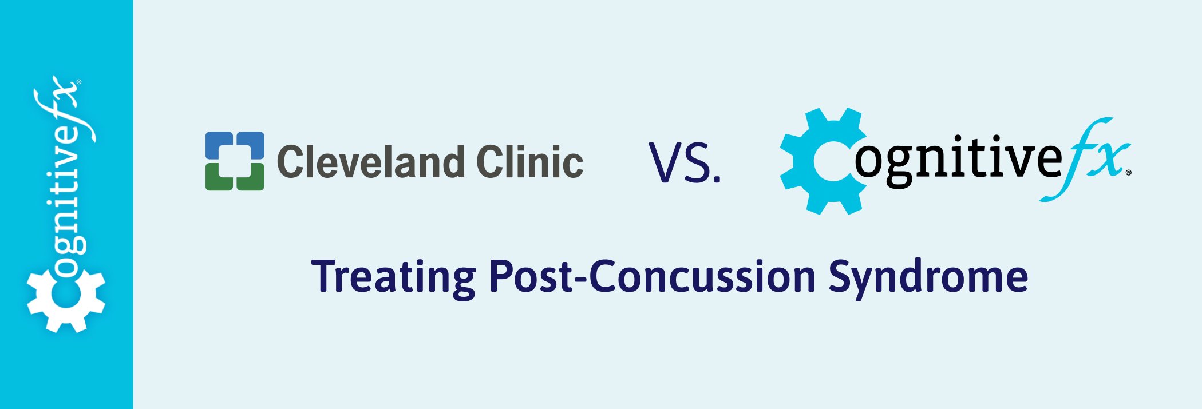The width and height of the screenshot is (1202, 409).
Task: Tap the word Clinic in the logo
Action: pos(530,162)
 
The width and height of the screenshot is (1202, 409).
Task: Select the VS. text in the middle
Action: pos(685,162)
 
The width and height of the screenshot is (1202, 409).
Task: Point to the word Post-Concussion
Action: pos(653,276)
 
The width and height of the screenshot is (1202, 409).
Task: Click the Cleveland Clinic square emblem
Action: pos(235,161)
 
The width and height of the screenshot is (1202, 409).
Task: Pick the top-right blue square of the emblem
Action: pos(251,145)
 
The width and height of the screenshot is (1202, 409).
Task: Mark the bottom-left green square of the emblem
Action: pos(218,177)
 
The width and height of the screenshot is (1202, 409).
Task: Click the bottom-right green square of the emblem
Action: pos(251,177)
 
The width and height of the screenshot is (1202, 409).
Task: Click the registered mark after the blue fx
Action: pos(1128,172)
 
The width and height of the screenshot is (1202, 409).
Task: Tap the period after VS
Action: pos(717,180)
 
